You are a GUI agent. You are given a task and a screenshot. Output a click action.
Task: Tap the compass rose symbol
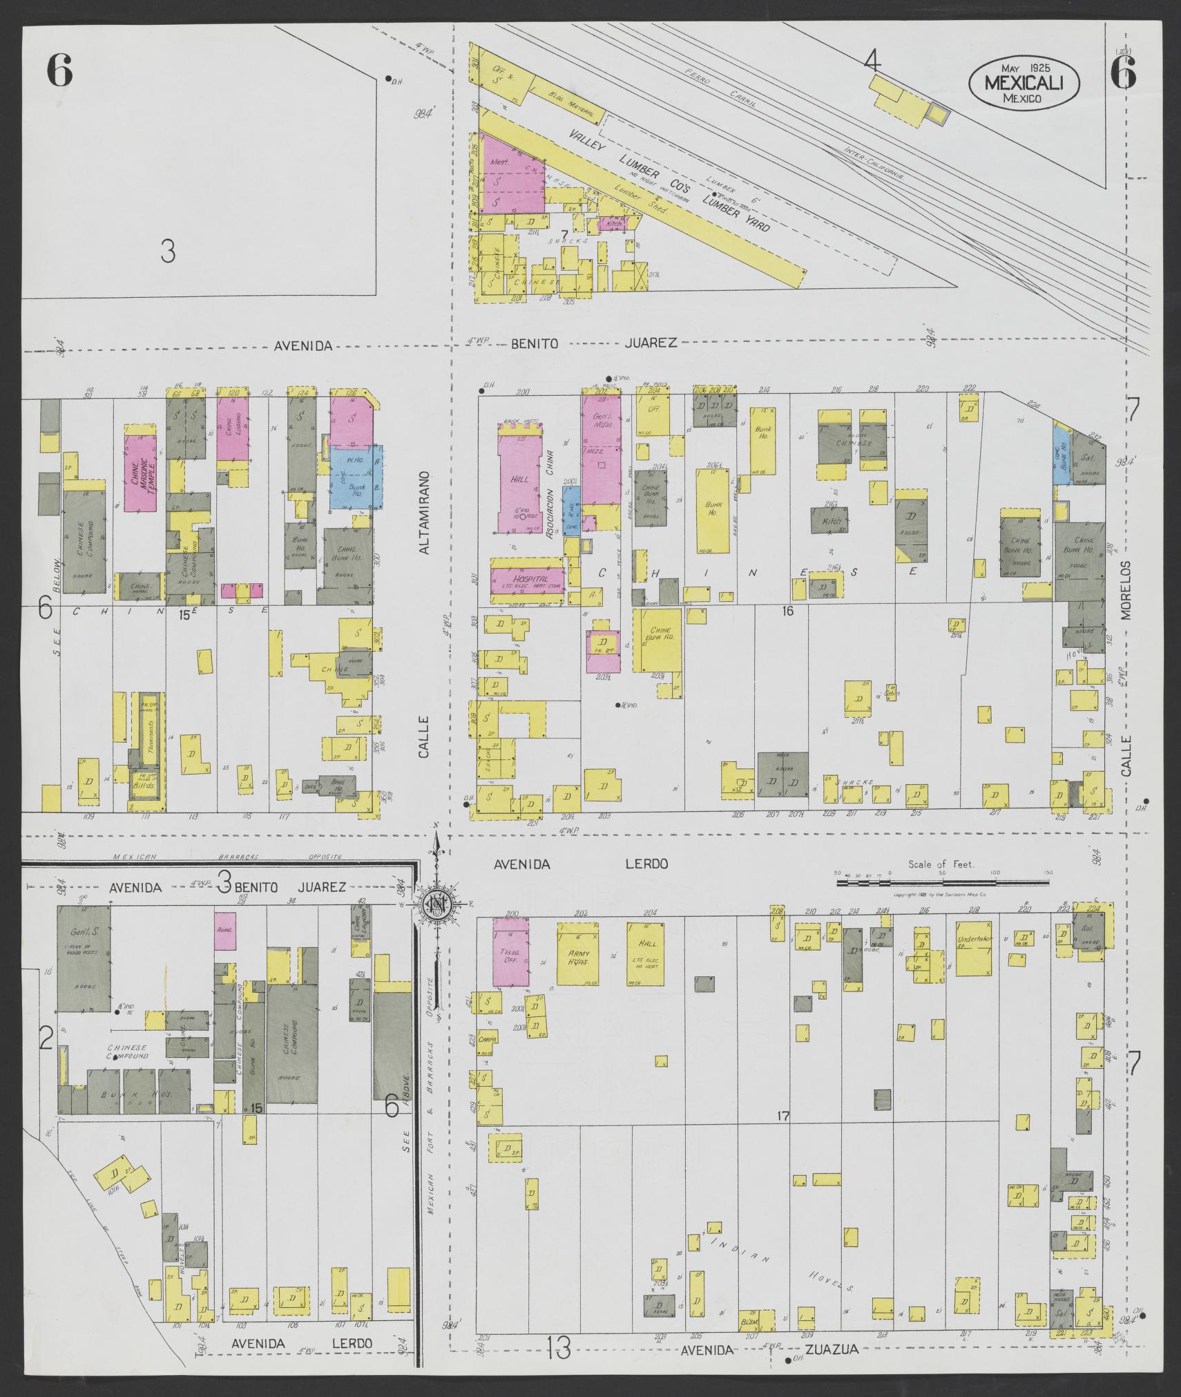(436, 907)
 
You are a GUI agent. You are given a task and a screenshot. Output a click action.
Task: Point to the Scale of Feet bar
(943, 882)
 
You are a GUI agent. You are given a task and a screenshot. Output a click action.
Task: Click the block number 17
(782, 1115)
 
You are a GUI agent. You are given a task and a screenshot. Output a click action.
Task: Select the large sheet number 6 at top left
(59, 71)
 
